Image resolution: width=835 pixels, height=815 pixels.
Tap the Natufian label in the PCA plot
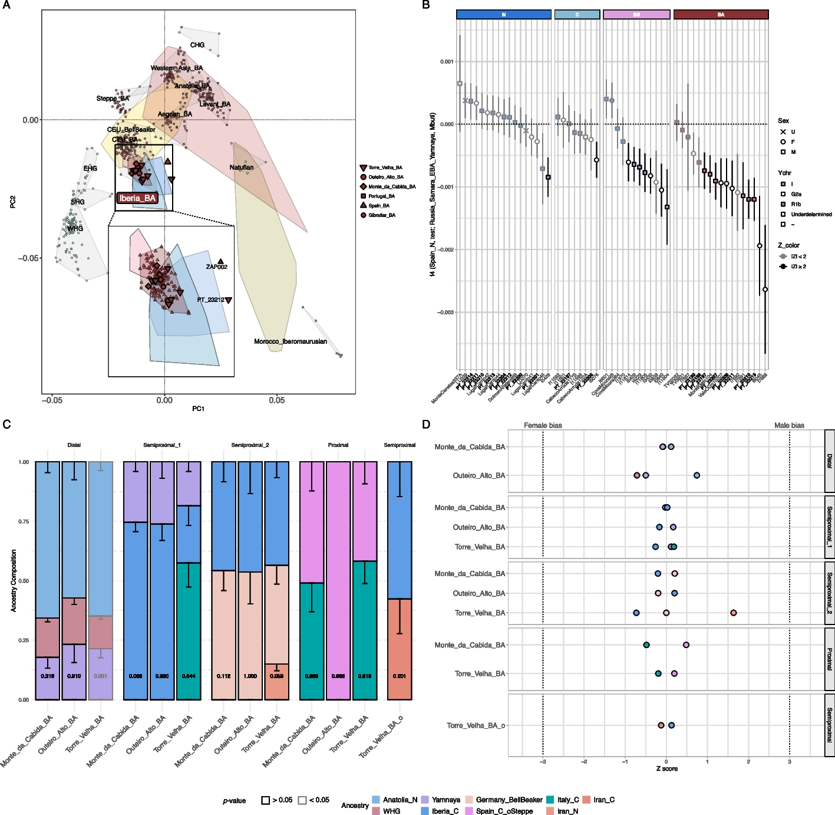click(x=242, y=167)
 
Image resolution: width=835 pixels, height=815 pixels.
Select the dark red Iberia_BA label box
click(x=137, y=198)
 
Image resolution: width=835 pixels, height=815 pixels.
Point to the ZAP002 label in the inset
click(x=216, y=267)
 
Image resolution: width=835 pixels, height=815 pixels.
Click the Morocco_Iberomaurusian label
click(x=290, y=341)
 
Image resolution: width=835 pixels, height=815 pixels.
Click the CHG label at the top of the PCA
click(x=197, y=45)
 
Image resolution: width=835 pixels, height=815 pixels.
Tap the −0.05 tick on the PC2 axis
click(x=28, y=258)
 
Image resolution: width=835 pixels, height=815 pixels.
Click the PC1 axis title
click(x=198, y=409)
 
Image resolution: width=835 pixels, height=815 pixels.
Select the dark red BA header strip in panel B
click(x=721, y=15)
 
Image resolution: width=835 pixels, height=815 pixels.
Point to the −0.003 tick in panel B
click(x=445, y=313)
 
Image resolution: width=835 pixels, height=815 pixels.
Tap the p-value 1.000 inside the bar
click(x=250, y=676)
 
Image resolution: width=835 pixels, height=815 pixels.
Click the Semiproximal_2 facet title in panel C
click(x=250, y=445)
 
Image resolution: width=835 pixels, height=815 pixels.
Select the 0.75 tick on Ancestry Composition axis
click(x=23, y=521)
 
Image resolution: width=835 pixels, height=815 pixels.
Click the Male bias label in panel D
click(x=789, y=425)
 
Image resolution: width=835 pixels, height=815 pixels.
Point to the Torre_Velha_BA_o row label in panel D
click(x=476, y=725)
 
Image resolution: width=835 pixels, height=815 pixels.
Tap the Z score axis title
click(x=666, y=768)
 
